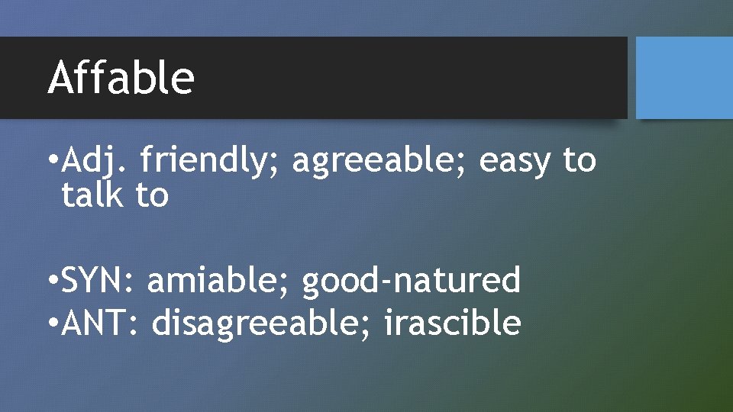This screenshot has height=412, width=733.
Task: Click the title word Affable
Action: (121, 78)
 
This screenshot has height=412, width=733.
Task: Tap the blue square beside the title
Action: (683, 78)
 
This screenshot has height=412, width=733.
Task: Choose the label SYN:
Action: (98, 281)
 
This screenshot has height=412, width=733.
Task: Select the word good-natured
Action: (411, 281)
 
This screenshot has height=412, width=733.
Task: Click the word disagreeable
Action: (260, 323)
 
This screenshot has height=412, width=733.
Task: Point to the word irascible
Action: (452, 323)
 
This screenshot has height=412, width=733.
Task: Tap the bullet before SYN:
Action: (51, 282)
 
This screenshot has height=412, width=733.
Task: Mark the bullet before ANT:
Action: (51, 324)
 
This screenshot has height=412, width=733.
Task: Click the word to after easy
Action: (579, 162)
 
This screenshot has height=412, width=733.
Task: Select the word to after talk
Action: (152, 195)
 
